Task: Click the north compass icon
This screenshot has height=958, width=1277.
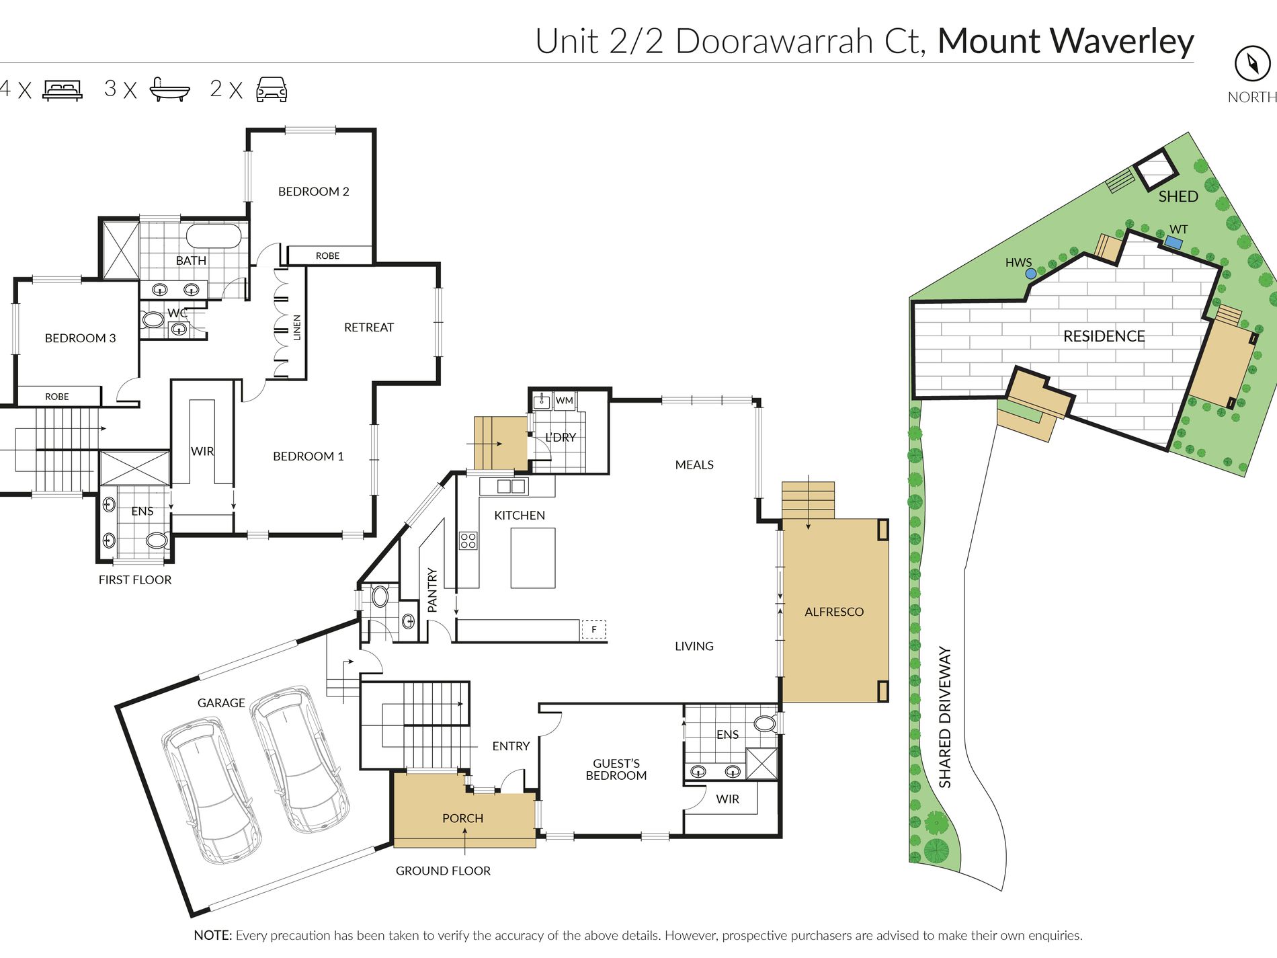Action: (1252, 64)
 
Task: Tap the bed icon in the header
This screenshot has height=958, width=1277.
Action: (63, 90)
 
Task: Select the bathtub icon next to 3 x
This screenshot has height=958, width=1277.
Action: (169, 89)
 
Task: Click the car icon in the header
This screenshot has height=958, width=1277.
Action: (272, 89)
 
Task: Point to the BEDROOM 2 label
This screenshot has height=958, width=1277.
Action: (314, 192)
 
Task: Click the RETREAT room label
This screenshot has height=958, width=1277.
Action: (369, 327)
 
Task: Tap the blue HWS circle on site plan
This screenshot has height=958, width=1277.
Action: (1030, 274)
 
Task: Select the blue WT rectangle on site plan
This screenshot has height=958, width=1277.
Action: (1173, 243)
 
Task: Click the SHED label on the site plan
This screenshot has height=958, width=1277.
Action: (1178, 196)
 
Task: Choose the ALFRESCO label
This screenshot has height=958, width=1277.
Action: (834, 612)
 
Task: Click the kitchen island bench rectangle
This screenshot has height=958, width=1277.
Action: (533, 558)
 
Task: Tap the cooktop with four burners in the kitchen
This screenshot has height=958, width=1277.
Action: (468, 541)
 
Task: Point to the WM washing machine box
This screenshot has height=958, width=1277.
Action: (565, 401)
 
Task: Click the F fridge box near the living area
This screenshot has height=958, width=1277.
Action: (593, 629)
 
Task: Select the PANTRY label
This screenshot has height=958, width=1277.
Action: (432, 590)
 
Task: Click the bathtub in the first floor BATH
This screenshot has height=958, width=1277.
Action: (213, 236)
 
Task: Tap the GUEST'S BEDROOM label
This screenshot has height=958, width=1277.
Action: (616, 769)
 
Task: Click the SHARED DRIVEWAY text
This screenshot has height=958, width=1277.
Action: (945, 717)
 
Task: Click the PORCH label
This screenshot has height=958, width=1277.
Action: (462, 818)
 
